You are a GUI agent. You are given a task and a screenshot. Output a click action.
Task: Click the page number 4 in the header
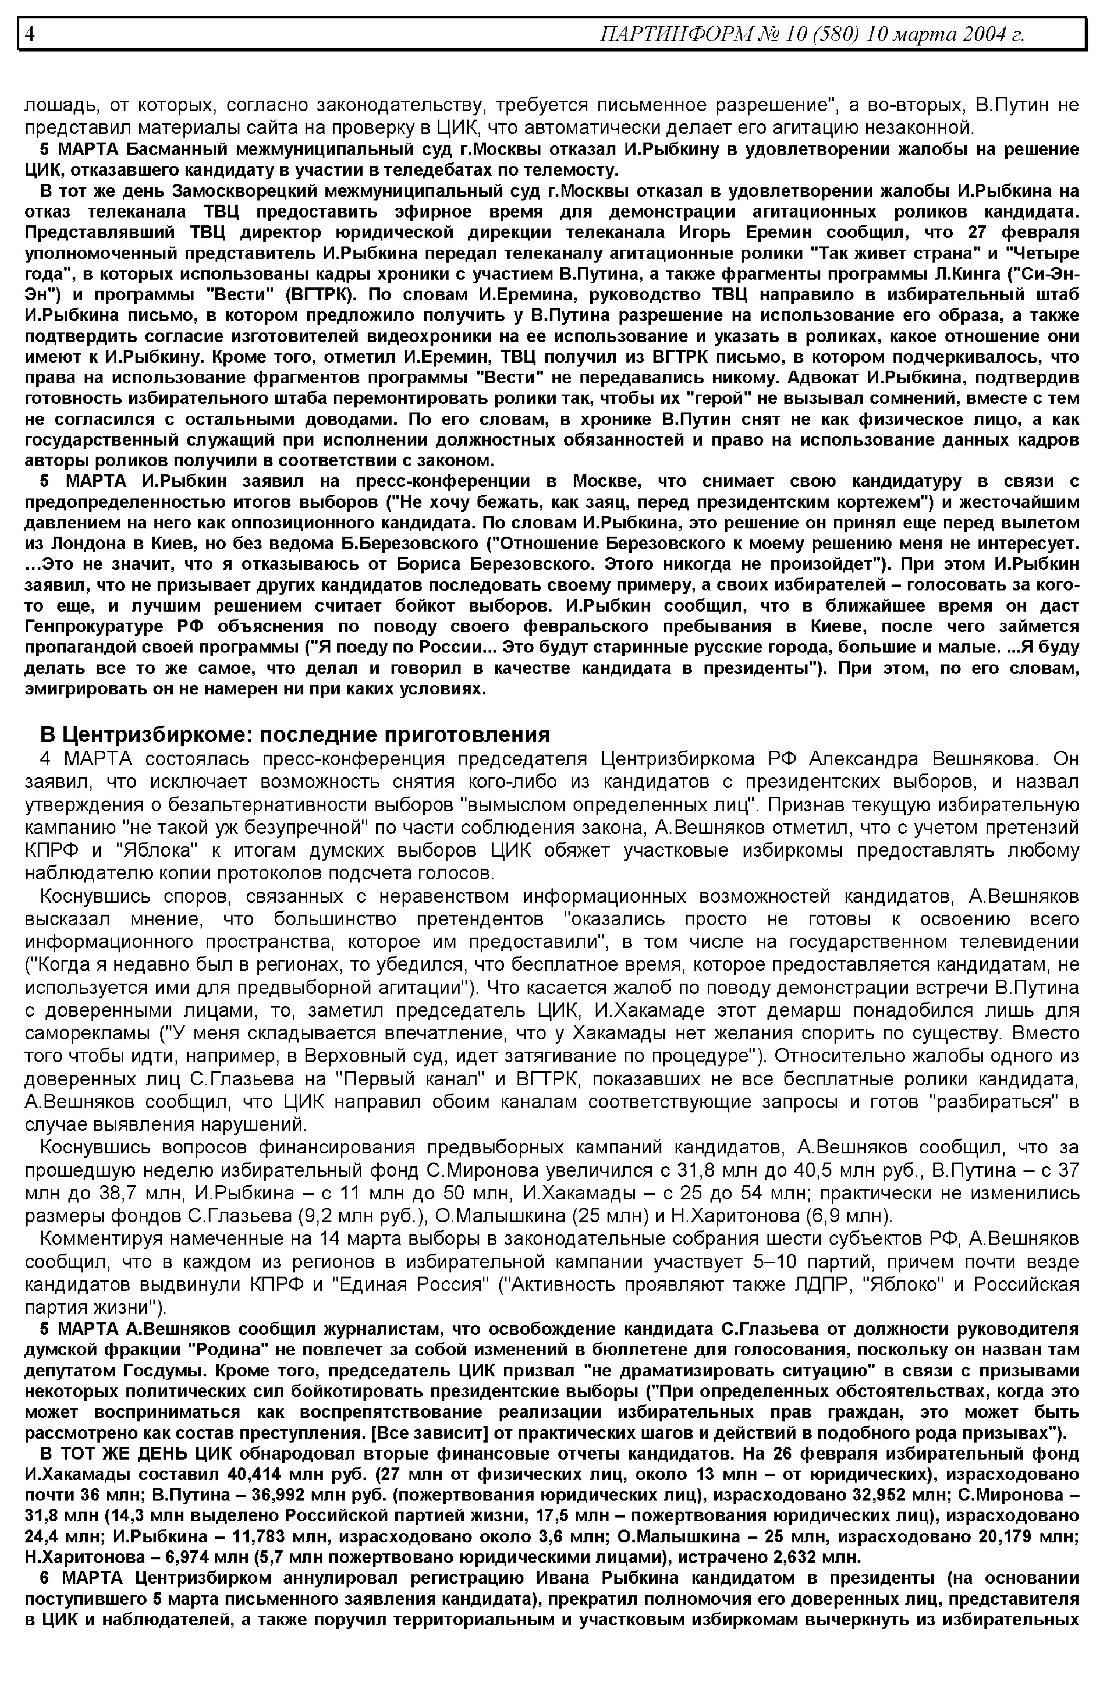pos(29,34)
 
